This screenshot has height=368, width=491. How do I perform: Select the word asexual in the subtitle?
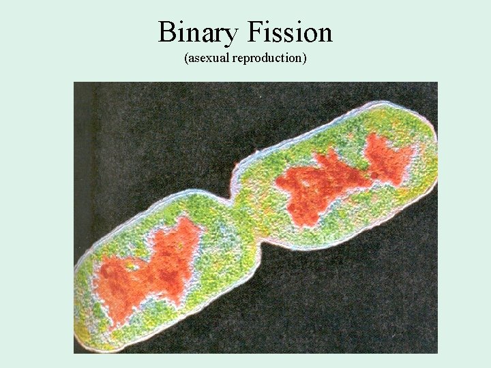pyautogui.click(x=209, y=58)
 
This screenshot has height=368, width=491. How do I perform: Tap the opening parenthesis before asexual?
pyautogui.click(x=185, y=58)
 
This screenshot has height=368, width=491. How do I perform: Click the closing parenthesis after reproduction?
pyautogui.click(x=305, y=58)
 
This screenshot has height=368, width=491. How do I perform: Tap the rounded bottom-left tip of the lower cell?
pyautogui.click(x=85, y=327)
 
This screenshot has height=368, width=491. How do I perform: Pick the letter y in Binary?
pyautogui.click(x=228, y=35)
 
